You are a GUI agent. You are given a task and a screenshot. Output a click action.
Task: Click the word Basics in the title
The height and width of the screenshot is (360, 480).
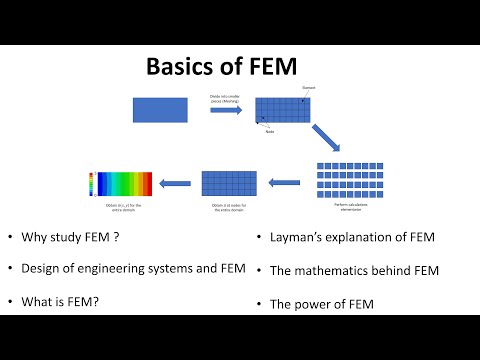(x=181, y=67)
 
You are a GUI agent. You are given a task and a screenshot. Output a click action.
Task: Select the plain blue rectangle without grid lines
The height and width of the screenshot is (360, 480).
(x=161, y=109)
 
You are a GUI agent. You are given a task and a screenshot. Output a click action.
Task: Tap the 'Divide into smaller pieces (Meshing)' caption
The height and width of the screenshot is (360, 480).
(x=225, y=97)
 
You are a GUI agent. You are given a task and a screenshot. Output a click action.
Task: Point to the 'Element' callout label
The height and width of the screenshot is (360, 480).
(x=309, y=88)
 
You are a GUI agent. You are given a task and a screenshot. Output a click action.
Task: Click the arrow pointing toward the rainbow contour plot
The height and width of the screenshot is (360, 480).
(x=177, y=183)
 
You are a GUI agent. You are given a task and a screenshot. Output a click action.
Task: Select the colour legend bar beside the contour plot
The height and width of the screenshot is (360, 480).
(x=92, y=183)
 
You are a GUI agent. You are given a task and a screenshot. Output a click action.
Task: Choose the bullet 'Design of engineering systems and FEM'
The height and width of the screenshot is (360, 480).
(x=121, y=268)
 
